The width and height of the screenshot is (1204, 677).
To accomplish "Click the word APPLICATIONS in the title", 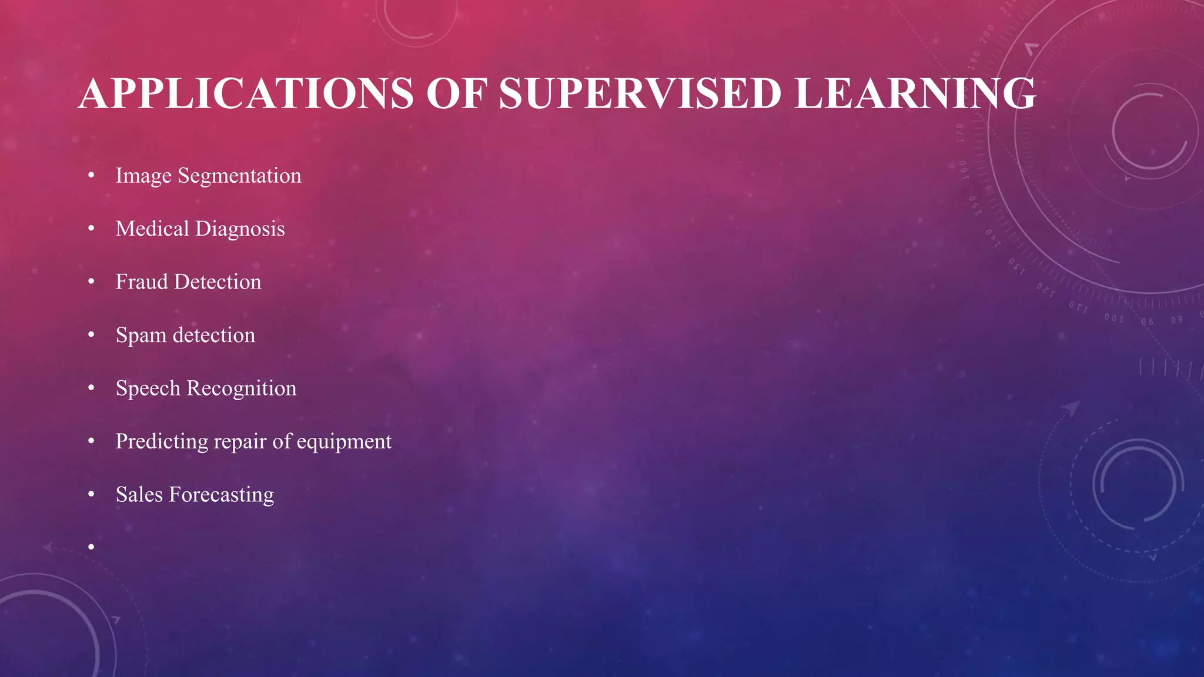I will (246, 94).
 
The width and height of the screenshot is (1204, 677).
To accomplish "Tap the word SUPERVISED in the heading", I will (640, 94).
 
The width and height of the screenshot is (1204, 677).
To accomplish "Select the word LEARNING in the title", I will (915, 94).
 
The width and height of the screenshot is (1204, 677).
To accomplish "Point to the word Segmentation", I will (239, 176).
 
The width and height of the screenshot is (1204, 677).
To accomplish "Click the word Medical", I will (152, 229).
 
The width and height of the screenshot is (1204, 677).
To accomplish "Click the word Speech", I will (148, 388).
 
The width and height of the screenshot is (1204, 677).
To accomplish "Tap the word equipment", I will (344, 442).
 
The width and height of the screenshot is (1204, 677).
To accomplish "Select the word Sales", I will (139, 495).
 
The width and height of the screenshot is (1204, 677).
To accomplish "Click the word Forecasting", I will (221, 495).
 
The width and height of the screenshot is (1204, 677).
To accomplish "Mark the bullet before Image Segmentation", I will (91, 176).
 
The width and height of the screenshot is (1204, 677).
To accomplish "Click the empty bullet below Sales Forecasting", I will (91, 548).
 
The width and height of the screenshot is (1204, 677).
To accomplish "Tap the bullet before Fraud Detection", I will (91, 282).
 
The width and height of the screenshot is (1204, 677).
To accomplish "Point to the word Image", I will (143, 176).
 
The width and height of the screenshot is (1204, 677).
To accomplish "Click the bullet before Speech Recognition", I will (91, 388).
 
